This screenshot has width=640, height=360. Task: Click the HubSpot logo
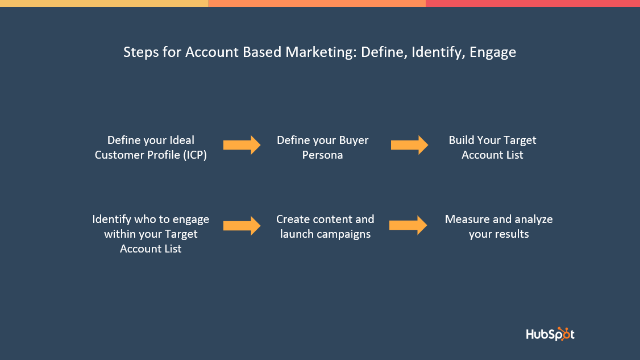coord(550,334)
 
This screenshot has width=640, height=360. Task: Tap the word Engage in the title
coord(493,52)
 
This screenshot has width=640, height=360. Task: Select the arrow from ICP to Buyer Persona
coord(242,145)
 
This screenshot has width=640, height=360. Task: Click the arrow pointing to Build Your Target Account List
coord(409,145)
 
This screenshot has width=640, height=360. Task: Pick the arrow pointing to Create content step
coord(242,226)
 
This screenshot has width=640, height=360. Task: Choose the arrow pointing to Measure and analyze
coord(408,225)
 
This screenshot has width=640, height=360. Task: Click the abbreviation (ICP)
coord(195,155)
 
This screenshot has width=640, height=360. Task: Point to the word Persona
coord(322,155)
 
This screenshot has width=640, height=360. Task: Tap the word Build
coord(461,140)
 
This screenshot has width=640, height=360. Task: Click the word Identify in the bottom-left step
coord(111,220)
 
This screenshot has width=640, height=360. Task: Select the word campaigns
coord(346,234)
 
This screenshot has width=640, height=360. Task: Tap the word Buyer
coord(354,140)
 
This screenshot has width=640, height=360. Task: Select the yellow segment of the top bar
coord(104,3)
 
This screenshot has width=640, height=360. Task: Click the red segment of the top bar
coord(533,3)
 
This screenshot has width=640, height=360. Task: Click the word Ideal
coord(182,140)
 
